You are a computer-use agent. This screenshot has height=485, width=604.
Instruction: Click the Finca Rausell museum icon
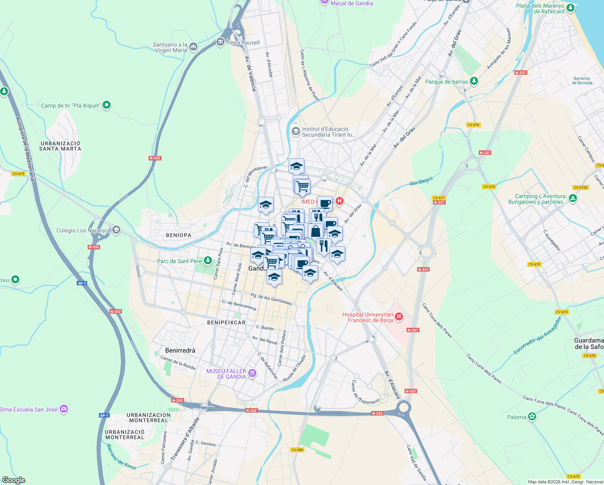[x=220, y=42]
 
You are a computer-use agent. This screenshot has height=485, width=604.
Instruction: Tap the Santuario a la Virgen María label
[x=170, y=48]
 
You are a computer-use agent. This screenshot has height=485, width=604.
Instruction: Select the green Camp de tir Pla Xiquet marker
[x=107, y=105]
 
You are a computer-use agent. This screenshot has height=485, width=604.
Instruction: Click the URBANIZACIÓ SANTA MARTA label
[x=60, y=146]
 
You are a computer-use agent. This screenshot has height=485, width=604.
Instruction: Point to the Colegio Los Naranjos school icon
[x=116, y=230]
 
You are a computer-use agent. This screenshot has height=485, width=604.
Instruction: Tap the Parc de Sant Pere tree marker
[x=208, y=261]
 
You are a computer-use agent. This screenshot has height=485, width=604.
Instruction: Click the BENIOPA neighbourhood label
[x=178, y=235]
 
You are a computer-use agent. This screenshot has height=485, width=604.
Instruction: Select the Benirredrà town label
[x=180, y=350]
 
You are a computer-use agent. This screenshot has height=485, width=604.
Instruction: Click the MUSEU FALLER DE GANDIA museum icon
[x=252, y=373]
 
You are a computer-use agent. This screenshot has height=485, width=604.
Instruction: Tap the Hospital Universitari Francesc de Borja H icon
[x=399, y=316]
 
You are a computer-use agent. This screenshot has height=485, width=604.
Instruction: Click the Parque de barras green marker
[x=474, y=81]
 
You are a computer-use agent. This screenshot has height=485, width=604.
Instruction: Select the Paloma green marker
[x=532, y=417]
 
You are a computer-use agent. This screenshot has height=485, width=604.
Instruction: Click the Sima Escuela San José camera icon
[x=64, y=409]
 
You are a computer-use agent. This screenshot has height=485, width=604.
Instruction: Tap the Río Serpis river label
[x=421, y=181]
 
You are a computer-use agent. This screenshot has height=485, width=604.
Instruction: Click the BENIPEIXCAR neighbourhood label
[x=226, y=323]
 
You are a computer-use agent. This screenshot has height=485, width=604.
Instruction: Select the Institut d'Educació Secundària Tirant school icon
[x=296, y=131]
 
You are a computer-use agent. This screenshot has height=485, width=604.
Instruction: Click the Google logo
[x=13, y=480]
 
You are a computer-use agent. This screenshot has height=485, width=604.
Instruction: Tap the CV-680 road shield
[x=297, y=450]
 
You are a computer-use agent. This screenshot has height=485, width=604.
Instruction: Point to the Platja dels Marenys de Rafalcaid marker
[x=570, y=8]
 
